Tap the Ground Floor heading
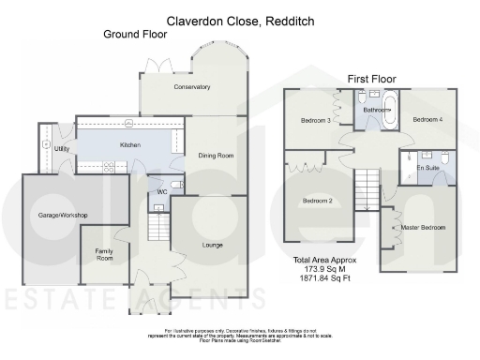135,35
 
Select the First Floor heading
371,79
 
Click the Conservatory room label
191,87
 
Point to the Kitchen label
129,145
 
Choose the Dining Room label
217,156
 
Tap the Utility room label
62,149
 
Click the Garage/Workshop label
62,216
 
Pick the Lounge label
212,245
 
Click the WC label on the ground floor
161,191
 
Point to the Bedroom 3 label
315,120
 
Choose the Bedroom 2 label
317,201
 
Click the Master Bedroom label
423,228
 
